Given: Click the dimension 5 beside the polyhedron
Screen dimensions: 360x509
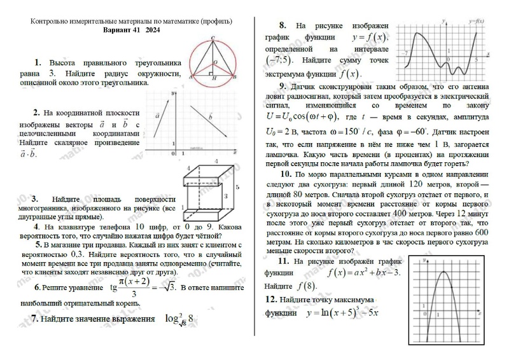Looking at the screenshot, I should point(236,188).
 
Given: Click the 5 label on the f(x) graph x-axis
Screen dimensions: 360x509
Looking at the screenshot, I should point(476,58).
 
